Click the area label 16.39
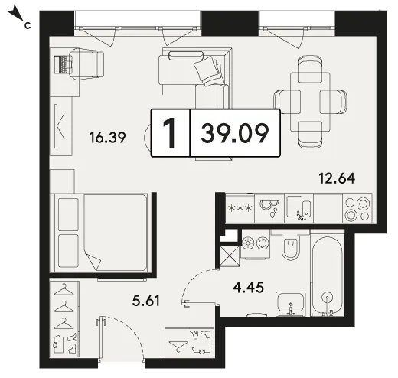tap(107, 138)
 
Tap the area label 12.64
tap(337, 178)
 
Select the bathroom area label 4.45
tap(249, 288)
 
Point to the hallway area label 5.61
tap(146, 301)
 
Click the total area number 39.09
tap(235, 133)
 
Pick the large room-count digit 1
tap(169, 133)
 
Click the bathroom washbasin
tap(291, 304)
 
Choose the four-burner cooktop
tap(357, 209)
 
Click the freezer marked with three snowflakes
tap(240, 208)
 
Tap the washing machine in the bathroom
tap(255, 244)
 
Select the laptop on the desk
tap(62, 65)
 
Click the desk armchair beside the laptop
tap(86, 64)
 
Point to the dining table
tap(310, 102)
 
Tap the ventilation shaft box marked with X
tap(230, 256)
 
